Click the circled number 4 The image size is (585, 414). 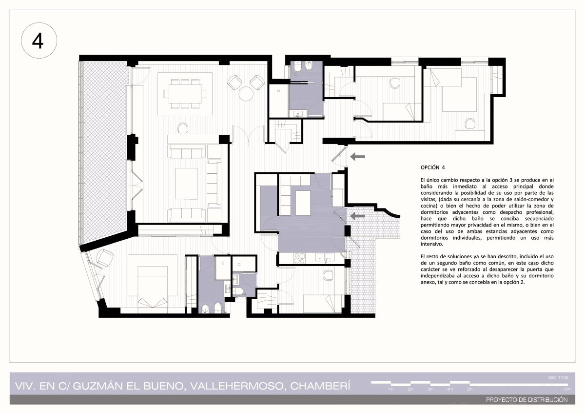39,41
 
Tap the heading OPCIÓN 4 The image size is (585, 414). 432,167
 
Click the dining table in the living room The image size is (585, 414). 185,94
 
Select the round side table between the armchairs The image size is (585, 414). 246,94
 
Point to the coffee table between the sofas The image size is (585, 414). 186,184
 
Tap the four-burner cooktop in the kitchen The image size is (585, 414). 299,258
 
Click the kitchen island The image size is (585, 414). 303,203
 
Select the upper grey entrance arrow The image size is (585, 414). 357,157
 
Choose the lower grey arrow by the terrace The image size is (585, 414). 357,216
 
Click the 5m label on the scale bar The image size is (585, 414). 469,389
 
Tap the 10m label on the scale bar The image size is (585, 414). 567,389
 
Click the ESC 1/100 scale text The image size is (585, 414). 558,377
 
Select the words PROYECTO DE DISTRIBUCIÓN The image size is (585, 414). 527,400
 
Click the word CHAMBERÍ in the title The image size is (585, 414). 320,386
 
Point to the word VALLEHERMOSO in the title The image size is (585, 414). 236,386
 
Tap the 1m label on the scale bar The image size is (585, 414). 390,389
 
